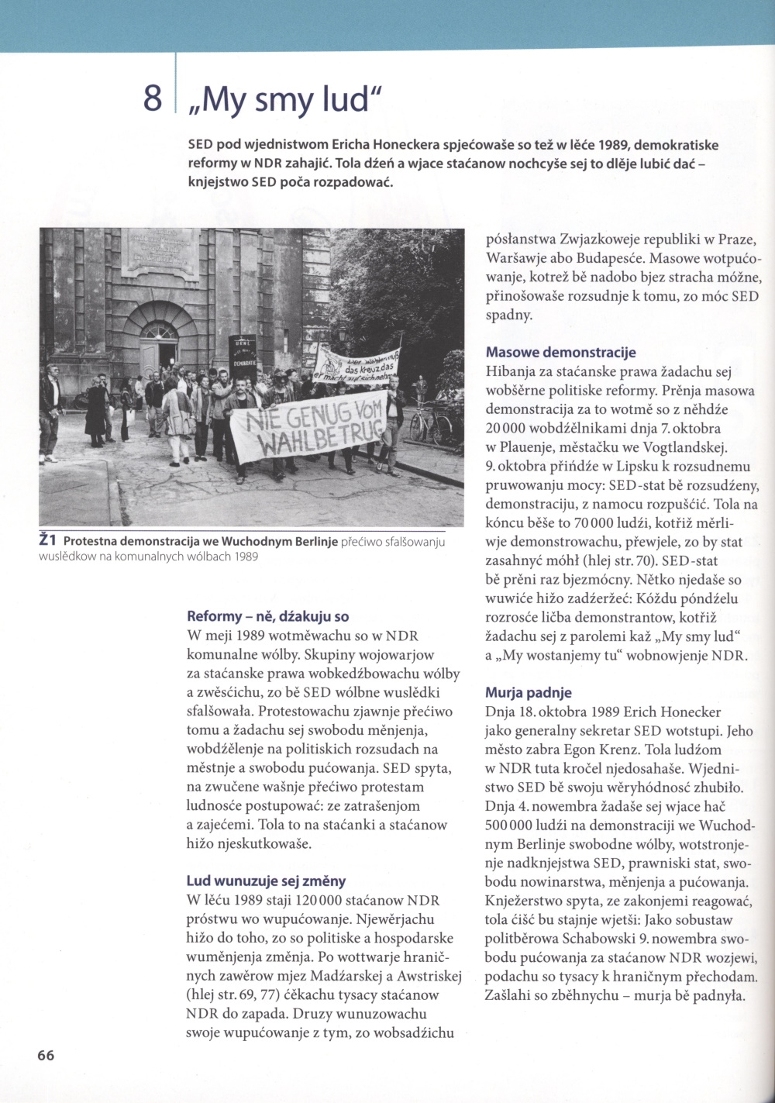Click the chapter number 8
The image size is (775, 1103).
(x=153, y=98)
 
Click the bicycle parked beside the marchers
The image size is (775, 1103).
(x=430, y=423)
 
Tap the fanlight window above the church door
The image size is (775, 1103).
(x=160, y=331)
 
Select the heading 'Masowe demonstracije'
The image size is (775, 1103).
(x=560, y=353)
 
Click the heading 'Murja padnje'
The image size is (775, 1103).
(x=529, y=692)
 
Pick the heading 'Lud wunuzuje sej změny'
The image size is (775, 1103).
(x=266, y=881)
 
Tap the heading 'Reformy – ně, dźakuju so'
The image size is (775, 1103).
(x=268, y=617)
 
